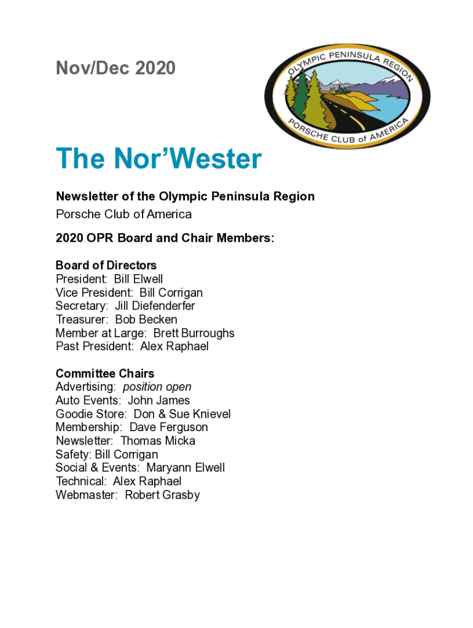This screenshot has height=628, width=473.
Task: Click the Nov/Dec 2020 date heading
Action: point(115,68)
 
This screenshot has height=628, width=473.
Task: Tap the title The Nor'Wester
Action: point(158,159)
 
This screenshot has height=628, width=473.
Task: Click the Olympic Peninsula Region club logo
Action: point(347,96)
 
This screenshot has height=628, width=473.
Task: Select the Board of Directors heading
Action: point(106,266)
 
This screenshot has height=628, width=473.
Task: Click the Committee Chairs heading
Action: point(104,373)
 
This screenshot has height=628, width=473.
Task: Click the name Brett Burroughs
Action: point(193,333)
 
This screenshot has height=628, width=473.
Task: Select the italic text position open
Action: point(157,387)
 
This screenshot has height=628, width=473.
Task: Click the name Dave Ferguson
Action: point(168,427)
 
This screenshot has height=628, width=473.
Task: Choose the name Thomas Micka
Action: point(157,441)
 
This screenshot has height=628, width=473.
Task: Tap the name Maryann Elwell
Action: point(186,468)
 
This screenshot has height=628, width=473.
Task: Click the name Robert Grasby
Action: point(162,495)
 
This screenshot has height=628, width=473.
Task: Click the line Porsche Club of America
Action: point(123,214)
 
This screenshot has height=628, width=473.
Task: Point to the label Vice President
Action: point(93,293)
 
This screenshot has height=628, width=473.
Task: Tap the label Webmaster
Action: point(85,495)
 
